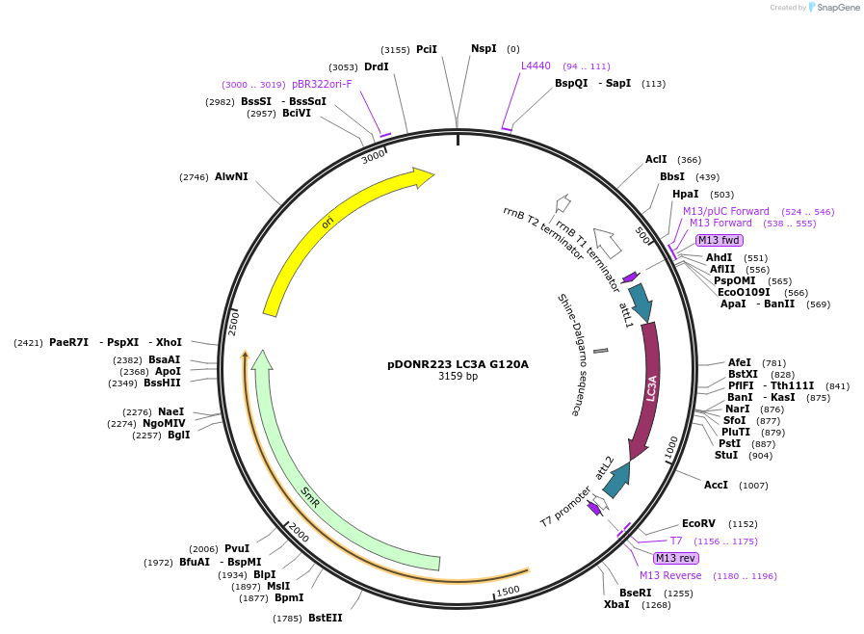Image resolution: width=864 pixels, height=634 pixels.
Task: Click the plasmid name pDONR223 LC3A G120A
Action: [x=458, y=364]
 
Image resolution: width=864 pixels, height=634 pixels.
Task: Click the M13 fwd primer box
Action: [x=719, y=240]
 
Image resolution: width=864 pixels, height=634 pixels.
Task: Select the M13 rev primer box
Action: [x=675, y=558]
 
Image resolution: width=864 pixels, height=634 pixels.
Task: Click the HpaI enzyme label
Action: [x=686, y=195]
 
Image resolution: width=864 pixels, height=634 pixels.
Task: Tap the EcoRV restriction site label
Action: [x=698, y=523]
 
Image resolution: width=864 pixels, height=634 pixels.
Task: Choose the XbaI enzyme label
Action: [x=616, y=604]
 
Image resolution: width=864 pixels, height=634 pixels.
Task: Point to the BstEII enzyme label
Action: [x=325, y=618]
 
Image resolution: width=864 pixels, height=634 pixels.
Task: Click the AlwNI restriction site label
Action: [x=231, y=176]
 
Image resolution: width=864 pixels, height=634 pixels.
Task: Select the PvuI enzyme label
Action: [x=236, y=548]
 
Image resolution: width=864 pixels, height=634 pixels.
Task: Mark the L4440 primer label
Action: [x=536, y=66]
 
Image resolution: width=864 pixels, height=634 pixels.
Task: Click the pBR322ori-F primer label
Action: [x=322, y=84]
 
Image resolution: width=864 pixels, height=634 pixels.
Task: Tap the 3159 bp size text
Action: [x=458, y=376]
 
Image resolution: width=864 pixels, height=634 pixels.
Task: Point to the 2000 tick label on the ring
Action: [x=299, y=533]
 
